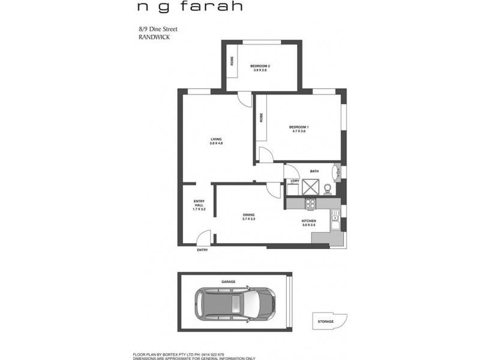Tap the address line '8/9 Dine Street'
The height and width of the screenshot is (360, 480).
click(x=158, y=28)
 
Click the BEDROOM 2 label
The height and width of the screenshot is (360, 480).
click(x=260, y=67)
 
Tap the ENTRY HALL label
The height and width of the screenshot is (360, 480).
click(x=199, y=205)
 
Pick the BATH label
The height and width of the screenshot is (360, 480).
click(x=314, y=172)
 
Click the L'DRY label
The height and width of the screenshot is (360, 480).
click(x=295, y=181)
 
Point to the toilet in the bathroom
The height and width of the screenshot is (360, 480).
click(x=328, y=190)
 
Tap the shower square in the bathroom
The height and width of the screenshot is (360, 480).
click(x=311, y=188)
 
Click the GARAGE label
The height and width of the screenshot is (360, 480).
click(x=228, y=281)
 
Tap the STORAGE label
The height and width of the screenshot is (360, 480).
click(x=326, y=322)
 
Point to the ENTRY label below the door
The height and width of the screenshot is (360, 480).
click(x=203, y=250)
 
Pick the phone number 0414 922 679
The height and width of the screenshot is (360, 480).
click(x=212, y=355)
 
